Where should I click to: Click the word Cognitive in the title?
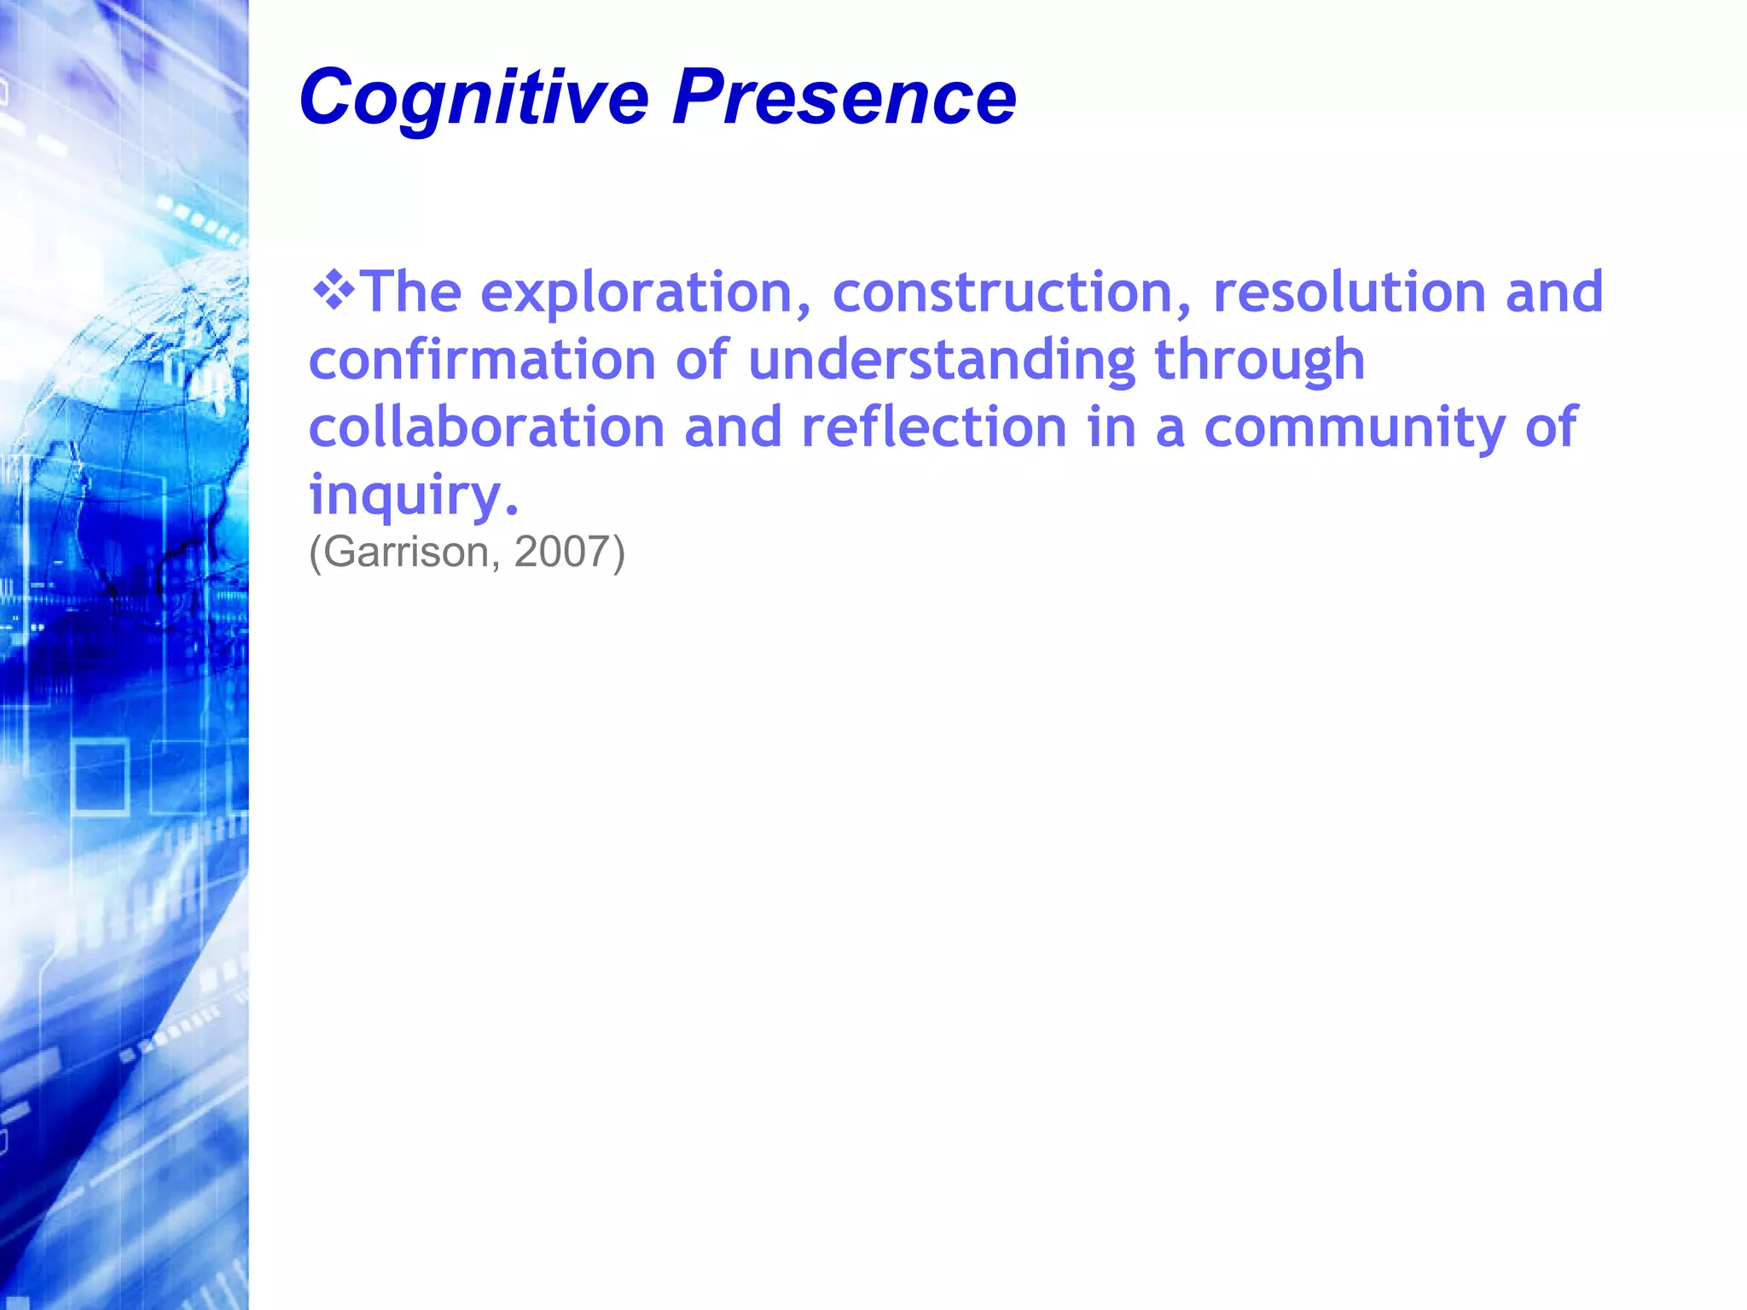473,98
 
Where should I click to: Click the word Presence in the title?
844,98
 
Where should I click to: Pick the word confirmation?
482,359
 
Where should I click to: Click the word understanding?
942,359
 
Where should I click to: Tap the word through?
1260,361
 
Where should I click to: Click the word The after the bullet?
412,293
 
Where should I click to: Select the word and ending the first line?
1554,293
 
